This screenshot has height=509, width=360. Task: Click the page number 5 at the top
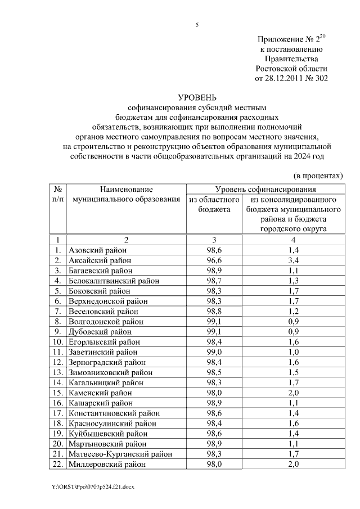197,25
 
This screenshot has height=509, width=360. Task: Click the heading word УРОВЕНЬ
197,97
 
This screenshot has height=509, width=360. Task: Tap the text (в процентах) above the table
318,175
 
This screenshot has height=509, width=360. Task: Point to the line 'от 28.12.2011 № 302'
291,78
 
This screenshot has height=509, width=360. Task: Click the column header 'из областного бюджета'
214,204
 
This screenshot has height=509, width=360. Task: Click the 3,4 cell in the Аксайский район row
292,260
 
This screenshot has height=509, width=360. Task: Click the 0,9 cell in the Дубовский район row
292,331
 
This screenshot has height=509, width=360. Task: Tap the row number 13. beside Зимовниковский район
58,372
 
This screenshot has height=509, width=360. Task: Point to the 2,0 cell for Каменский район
292,393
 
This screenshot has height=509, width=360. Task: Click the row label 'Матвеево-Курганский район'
119,454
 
